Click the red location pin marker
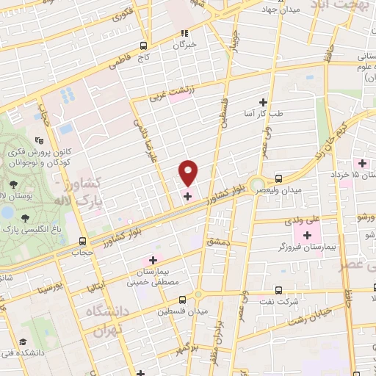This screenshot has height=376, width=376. point(189,172)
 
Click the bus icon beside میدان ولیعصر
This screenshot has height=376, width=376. point(278,178)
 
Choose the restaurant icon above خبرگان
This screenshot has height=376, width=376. point(185,32)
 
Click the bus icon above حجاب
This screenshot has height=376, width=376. point(82,240)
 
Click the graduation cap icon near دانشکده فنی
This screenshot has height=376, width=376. point(23,343)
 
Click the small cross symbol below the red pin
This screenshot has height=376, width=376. point(187,196)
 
